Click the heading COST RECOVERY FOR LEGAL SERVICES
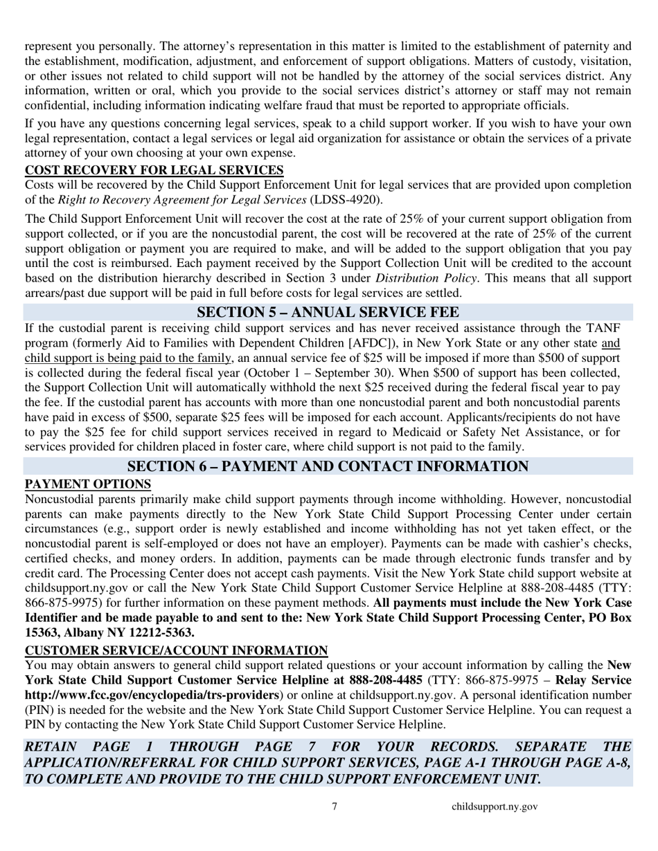[154, 170]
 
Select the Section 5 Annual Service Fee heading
[328, 313]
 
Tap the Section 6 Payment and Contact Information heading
[328, 467]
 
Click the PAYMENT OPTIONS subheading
[88, 484]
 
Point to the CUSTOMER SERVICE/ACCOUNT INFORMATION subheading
[176, 650]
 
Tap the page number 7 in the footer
[335, 806]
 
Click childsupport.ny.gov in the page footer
[495, 806]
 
